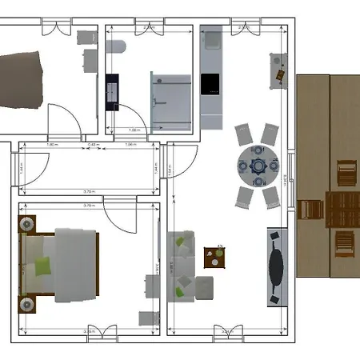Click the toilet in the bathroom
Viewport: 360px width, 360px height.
point(115,46)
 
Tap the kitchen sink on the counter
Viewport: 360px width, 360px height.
point(212,38)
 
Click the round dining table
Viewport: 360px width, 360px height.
point(258,167)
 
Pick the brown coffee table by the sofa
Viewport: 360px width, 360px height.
point(215,258)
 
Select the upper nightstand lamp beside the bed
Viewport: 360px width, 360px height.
point(26,225)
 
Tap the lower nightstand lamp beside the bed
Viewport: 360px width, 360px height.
point(26,304)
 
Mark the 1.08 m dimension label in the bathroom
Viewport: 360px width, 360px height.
point(135,129)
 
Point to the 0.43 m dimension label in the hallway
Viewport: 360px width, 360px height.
point(93,145)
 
